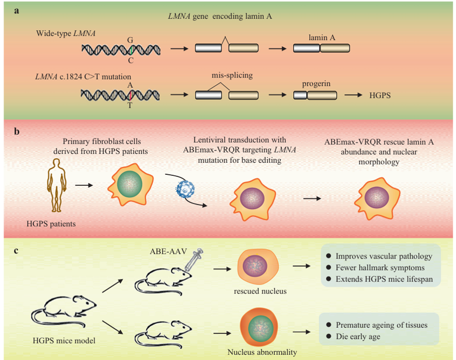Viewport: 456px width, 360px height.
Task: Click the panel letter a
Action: click(17, 11)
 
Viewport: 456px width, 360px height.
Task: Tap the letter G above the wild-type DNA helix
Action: click(130, 40)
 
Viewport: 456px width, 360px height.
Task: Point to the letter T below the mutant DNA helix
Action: click(129, 106)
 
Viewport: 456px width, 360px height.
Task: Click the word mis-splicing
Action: click(232, 75)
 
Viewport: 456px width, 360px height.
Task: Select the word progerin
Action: click(316, 84)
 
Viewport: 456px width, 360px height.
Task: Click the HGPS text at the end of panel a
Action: click(380, 95)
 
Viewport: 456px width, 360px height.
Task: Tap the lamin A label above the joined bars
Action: click(322, 37)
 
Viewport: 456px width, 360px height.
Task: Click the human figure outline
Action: click(57, 185)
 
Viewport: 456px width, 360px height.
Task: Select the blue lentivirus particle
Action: click(185, 189)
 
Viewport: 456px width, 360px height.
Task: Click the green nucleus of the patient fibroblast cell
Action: click(129, 184)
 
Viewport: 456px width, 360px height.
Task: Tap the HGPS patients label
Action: click(51, 224)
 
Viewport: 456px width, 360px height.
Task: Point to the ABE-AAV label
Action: click(168, 251)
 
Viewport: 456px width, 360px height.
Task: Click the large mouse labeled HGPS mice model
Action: click(64, 311)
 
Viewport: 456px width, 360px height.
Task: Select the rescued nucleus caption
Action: click(260, 291)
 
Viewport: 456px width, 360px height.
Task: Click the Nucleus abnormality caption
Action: click(262, 352)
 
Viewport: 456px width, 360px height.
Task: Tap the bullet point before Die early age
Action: click(329, 336)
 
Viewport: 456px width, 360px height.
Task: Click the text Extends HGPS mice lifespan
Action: click(384, 279)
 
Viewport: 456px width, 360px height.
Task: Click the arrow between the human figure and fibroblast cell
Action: click(84, 185)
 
